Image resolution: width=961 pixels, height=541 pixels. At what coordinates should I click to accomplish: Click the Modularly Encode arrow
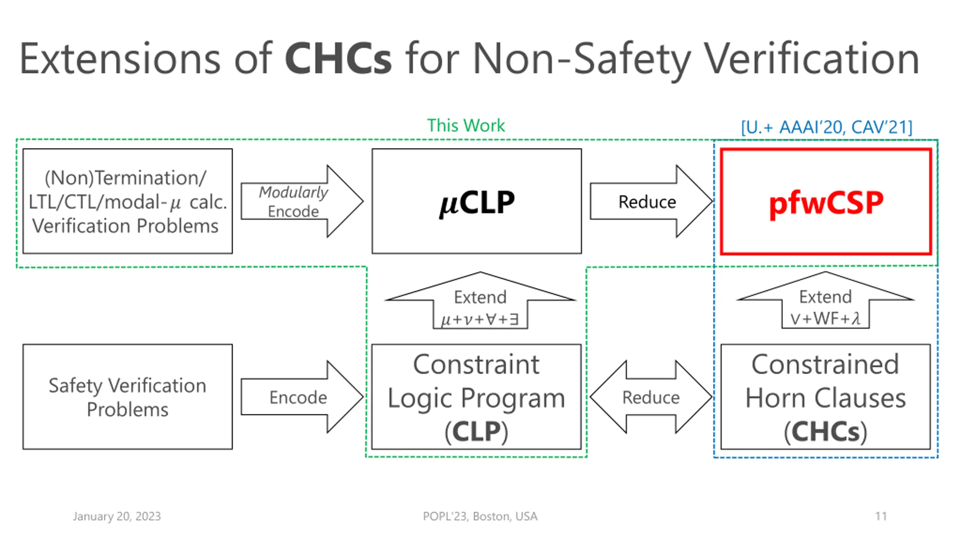302,201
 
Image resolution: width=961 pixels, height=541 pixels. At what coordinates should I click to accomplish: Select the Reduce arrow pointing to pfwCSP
651,201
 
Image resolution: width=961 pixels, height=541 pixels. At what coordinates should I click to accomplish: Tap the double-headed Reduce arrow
651,397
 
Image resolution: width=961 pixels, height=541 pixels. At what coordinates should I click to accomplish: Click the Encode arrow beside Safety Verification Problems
302,397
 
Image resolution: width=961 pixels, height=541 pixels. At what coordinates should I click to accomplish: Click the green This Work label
466,125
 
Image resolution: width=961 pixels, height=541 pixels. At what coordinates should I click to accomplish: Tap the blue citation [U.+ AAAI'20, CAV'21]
827,127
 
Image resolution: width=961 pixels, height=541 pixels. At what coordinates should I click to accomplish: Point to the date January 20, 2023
117,517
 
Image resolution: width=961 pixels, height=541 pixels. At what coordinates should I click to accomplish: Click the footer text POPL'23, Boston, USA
480,517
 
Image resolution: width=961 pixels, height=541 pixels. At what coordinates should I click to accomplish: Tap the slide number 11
881,516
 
